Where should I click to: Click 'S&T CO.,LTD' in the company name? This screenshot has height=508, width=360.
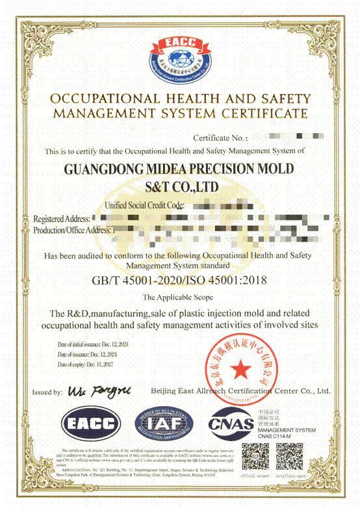click(180, 188)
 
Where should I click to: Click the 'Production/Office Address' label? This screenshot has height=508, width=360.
click(72, 229)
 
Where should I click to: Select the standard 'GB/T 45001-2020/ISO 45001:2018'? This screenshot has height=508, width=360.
click(179, 281)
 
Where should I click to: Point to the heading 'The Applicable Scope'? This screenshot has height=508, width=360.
click(179, 298)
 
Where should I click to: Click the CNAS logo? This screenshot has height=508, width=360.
click(230, 425)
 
